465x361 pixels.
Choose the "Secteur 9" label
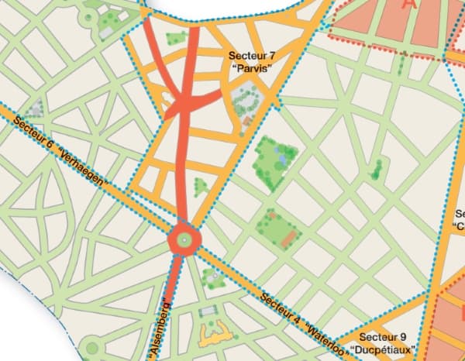383,337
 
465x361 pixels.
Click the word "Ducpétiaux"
384,349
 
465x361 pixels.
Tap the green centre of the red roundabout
184,240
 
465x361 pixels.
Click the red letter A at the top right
409,5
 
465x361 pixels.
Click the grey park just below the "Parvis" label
246,100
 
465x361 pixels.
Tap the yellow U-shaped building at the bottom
214,335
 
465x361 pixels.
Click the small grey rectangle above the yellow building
206,311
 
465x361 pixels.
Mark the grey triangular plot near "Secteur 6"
35,108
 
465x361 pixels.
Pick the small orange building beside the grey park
247,121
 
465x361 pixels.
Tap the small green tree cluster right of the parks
376,168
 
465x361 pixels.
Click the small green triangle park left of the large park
200,186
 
